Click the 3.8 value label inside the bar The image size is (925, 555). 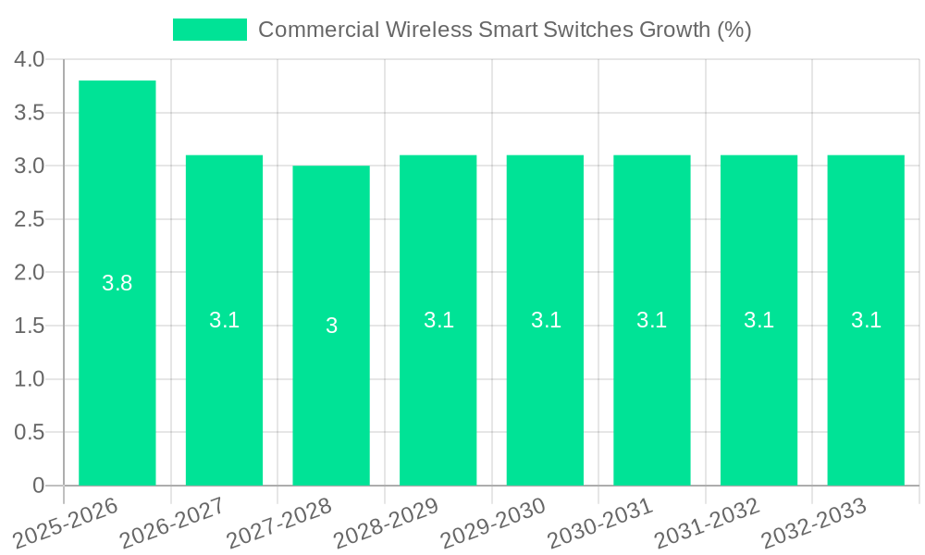point(117,284)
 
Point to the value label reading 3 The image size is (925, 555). point(331,326)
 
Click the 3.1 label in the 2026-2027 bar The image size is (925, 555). point(224,320)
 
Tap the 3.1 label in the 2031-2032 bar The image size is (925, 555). point(758,320)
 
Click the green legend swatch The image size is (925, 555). point(210,30)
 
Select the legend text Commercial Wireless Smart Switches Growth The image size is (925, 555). point(504,30)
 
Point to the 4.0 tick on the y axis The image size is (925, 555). point(30,59)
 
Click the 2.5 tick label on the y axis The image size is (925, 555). point(30,219)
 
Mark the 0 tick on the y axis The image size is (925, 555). point(38,486)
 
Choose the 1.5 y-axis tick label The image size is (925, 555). point(30,326)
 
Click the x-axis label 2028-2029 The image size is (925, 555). point(386,524)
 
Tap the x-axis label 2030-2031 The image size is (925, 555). point(599,524)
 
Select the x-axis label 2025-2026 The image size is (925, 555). point(66,524)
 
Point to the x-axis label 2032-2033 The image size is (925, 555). point(813,524)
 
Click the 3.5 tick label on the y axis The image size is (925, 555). point(30,113)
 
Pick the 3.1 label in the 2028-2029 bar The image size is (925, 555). point(438,320)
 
